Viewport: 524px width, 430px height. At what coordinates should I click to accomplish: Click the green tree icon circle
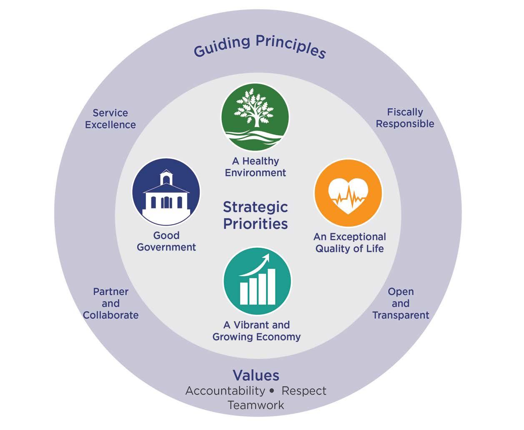coord(255,116)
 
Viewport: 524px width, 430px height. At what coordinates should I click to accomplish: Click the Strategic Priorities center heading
coord(255,215)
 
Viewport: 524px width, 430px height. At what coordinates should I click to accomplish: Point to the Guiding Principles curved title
coord(259,47)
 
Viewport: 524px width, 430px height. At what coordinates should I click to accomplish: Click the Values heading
coord(256,375)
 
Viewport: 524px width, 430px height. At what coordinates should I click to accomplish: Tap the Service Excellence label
coord(110,119)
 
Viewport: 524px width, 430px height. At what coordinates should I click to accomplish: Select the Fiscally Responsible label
coord(405,118)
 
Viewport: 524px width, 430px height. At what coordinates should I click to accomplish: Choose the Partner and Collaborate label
coord(110,303)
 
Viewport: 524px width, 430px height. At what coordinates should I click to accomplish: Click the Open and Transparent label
coord(401,303)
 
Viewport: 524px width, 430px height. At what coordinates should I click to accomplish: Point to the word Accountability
coord(225,391)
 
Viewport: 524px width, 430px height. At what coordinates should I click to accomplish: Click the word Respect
coord(304,391)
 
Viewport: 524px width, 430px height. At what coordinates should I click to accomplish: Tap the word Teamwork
coord(256,405)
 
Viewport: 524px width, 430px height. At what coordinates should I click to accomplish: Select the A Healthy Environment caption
coord(255,167)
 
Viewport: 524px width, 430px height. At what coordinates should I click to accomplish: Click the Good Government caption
coord(166,241)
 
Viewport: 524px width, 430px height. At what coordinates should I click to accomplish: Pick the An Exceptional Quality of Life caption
coord(349,243)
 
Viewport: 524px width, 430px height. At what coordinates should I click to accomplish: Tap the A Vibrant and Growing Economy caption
coord(256,331)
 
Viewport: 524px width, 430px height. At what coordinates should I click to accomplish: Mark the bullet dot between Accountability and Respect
coord(272,391)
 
